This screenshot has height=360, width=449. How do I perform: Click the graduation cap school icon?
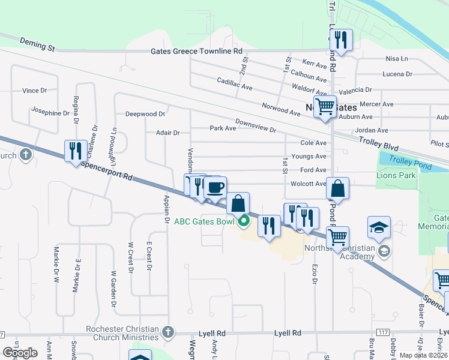coord(379,228)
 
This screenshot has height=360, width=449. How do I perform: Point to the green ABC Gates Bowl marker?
coord(244,221)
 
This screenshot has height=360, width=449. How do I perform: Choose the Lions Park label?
coord(396,176)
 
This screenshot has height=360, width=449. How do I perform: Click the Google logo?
coord(20,353)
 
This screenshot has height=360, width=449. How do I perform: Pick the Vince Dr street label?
coord(34,91)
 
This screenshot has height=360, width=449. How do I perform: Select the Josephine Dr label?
coord(51,113)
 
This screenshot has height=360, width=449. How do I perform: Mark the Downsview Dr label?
coord(255,125)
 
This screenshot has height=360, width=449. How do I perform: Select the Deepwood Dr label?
coord(145,114)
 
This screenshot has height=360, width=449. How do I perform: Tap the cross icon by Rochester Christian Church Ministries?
coord(168,332)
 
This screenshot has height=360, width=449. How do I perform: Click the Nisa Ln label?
coord(397,59)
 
